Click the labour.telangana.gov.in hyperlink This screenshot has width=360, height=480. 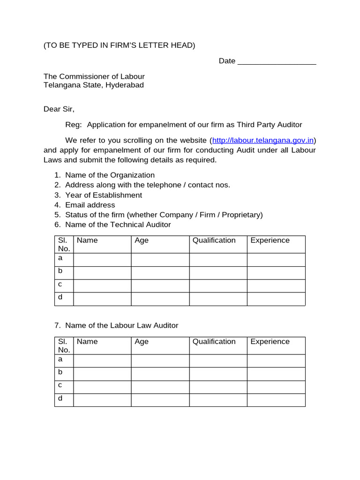tap(263, 140)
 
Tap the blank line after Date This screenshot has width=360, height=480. tap(277, 61)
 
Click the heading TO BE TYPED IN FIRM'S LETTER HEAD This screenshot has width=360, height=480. tap(119, 45)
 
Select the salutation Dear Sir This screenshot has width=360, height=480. tap(59, 109)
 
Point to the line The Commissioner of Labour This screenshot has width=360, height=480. tap(94, 76)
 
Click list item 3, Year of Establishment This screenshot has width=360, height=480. tap(103, 195)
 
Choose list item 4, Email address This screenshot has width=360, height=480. tap(90, 205)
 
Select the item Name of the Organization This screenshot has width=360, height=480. tap(110, 175)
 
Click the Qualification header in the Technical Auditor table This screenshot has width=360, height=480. tap(214, 240)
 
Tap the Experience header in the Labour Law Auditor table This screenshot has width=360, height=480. tap(270, 342)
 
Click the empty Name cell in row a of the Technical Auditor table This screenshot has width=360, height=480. tap(102, 260)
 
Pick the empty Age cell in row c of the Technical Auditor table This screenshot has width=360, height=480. tap(160, 286)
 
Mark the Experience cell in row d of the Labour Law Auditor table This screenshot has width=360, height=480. tap(276, 400)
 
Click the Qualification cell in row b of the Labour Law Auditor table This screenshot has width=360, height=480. tap(218, 374)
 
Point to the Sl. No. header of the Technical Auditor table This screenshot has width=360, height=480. tap(64, 244)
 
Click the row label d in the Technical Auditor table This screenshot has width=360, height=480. tap(60, 297)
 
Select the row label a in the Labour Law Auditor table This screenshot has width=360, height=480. tap(60, 359)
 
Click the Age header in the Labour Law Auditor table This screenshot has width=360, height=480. tap(142, 342)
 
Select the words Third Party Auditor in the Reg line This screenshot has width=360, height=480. tap(269, 125)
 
